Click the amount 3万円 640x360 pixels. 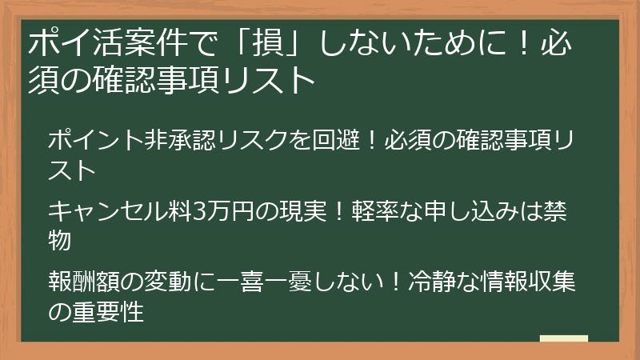[226, 211]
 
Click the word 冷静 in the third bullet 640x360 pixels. [430, 282]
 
